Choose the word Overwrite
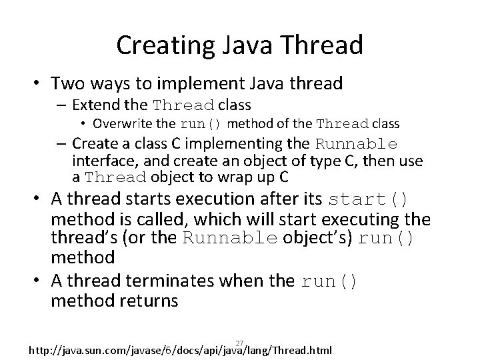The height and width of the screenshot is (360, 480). [117, 123]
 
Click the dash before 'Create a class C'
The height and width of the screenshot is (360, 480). [64, 144]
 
